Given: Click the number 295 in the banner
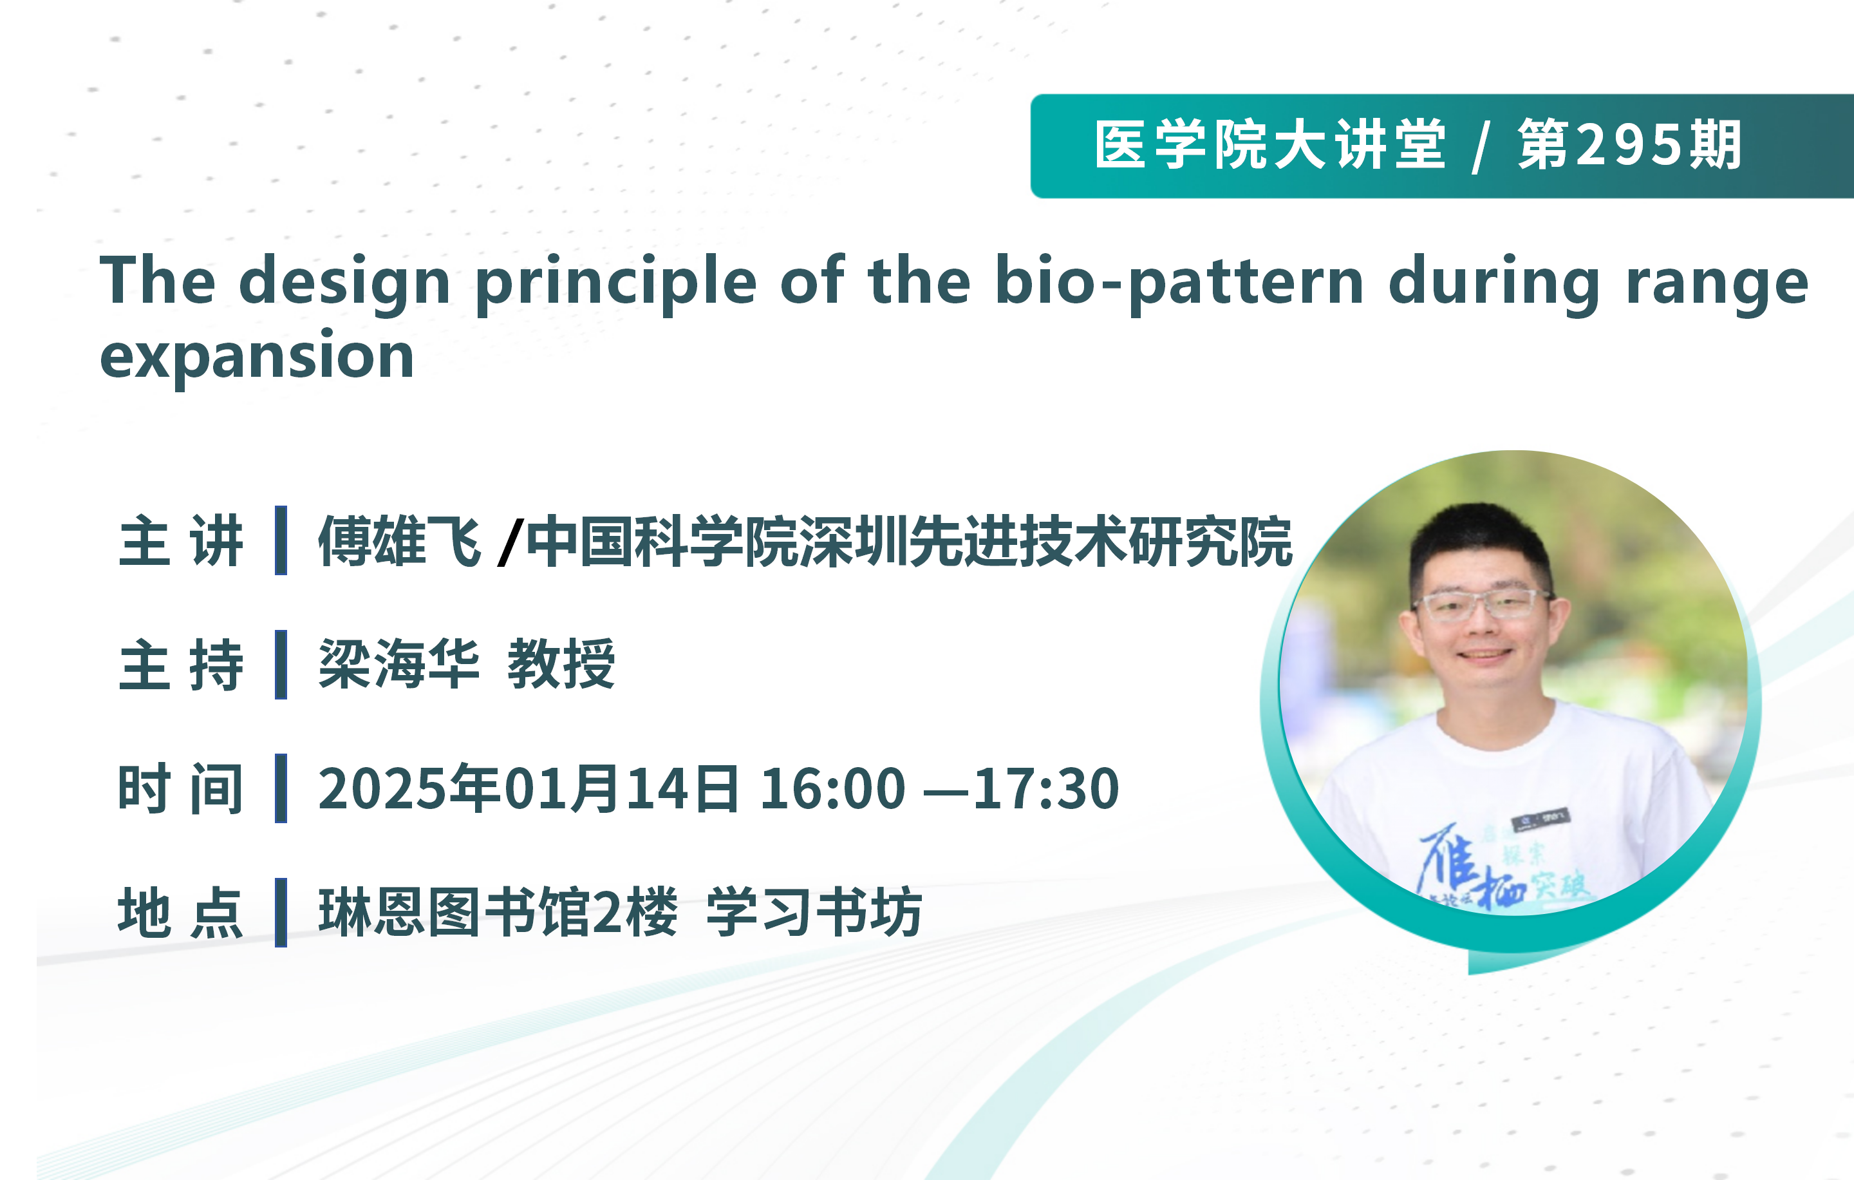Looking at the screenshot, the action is click(1631, 145).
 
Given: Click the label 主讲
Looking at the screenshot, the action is click(181, 540).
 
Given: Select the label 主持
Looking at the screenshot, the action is click(181, 665).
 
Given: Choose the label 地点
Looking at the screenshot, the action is click(181, 913).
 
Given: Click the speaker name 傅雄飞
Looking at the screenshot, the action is click(400, 540).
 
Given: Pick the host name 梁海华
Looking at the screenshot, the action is click(400, 664).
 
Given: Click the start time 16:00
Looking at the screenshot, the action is click(832, 789).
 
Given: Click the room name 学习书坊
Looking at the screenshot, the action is click(814, 912).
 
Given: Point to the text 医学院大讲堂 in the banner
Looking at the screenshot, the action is click(1270, 145).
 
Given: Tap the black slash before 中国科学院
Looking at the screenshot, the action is click(510, 542).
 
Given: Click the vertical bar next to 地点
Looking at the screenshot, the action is click(281, 913).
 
